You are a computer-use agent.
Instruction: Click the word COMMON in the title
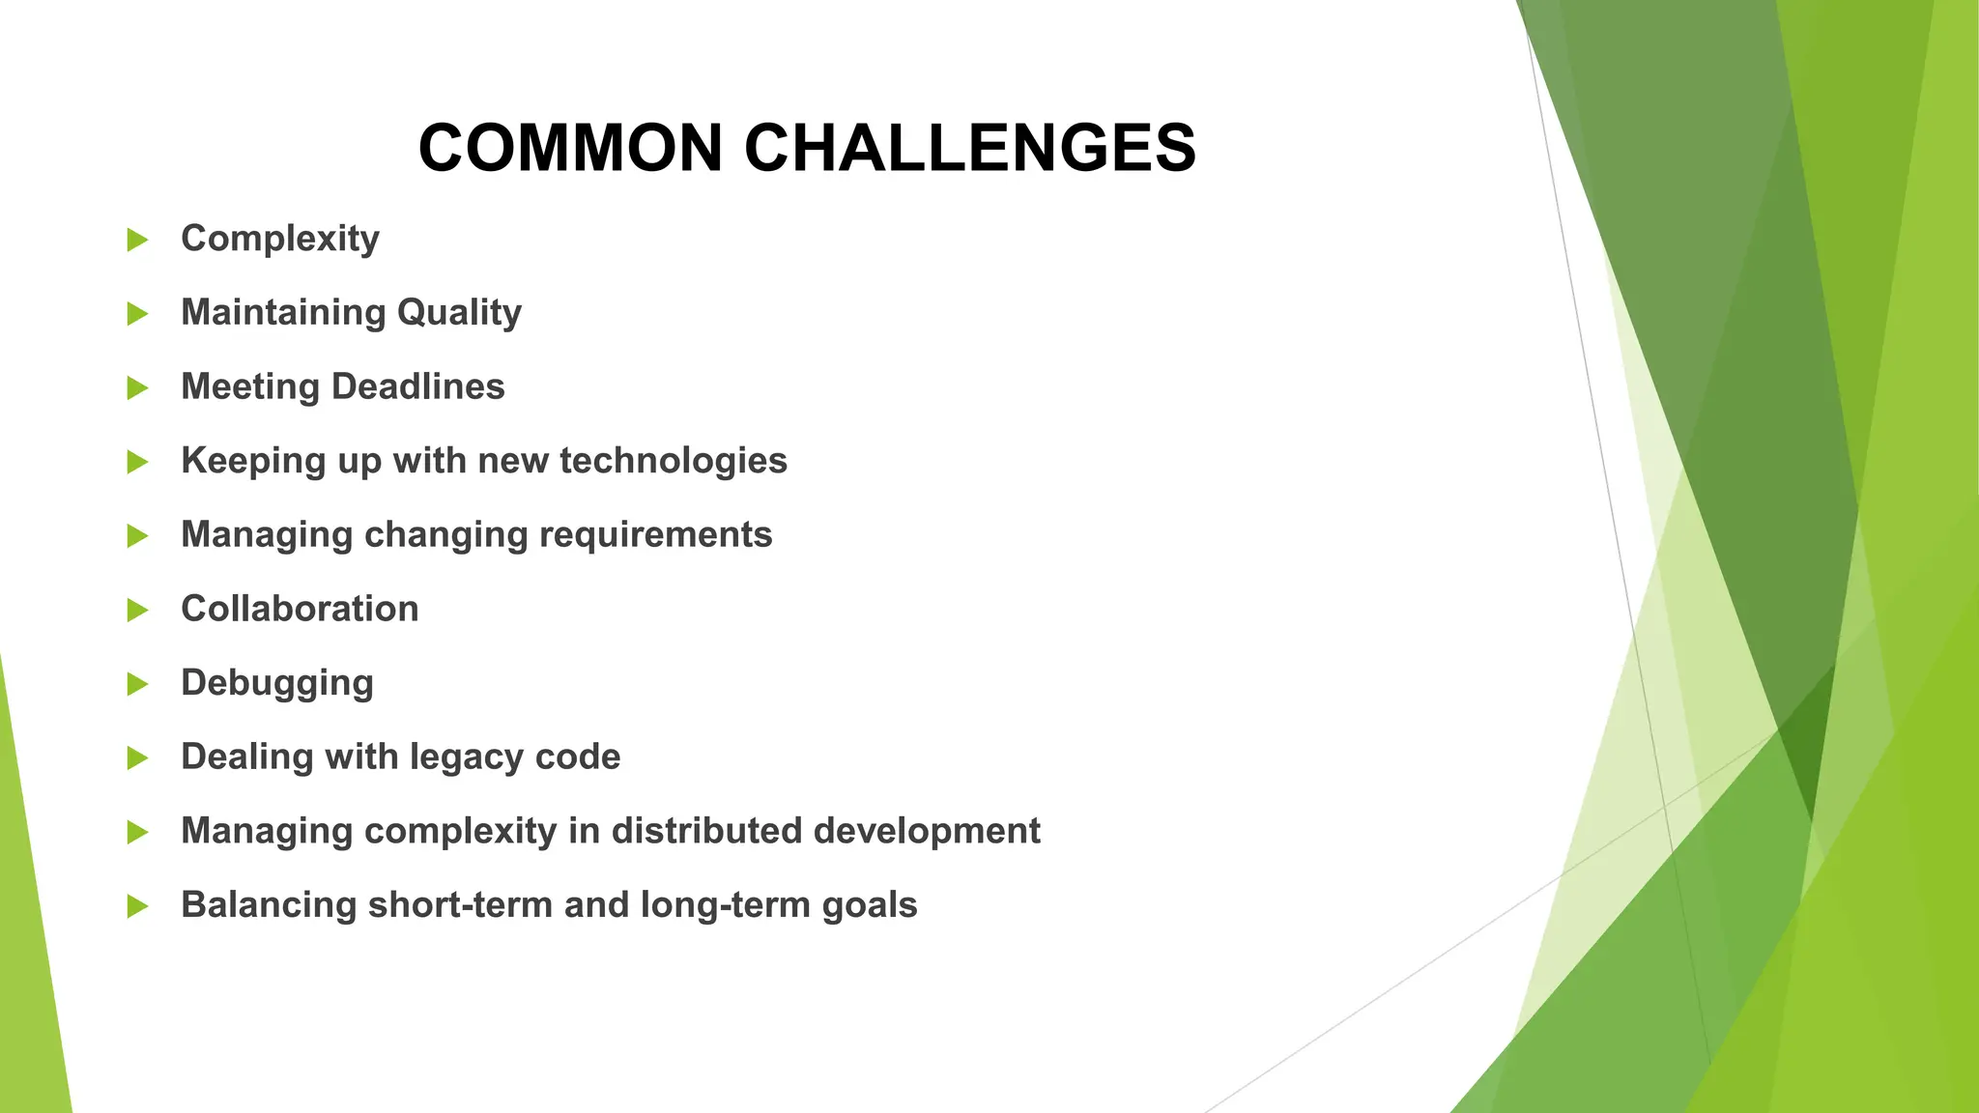pos(570,149)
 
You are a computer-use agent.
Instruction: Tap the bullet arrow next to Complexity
pos(138,240)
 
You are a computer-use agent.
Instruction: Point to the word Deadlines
pos(417,386)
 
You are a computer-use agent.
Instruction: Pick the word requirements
pos(655,534)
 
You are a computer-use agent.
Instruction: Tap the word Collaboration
pos(300,609)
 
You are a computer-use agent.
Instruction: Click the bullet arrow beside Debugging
pos(138,684)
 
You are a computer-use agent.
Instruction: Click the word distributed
pos(706,831)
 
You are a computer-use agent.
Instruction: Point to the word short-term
pos(460,905)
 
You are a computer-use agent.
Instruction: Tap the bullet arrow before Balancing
pos(138,906)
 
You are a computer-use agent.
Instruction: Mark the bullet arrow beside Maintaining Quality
pos(138,314)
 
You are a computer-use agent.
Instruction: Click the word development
pos(927,832)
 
